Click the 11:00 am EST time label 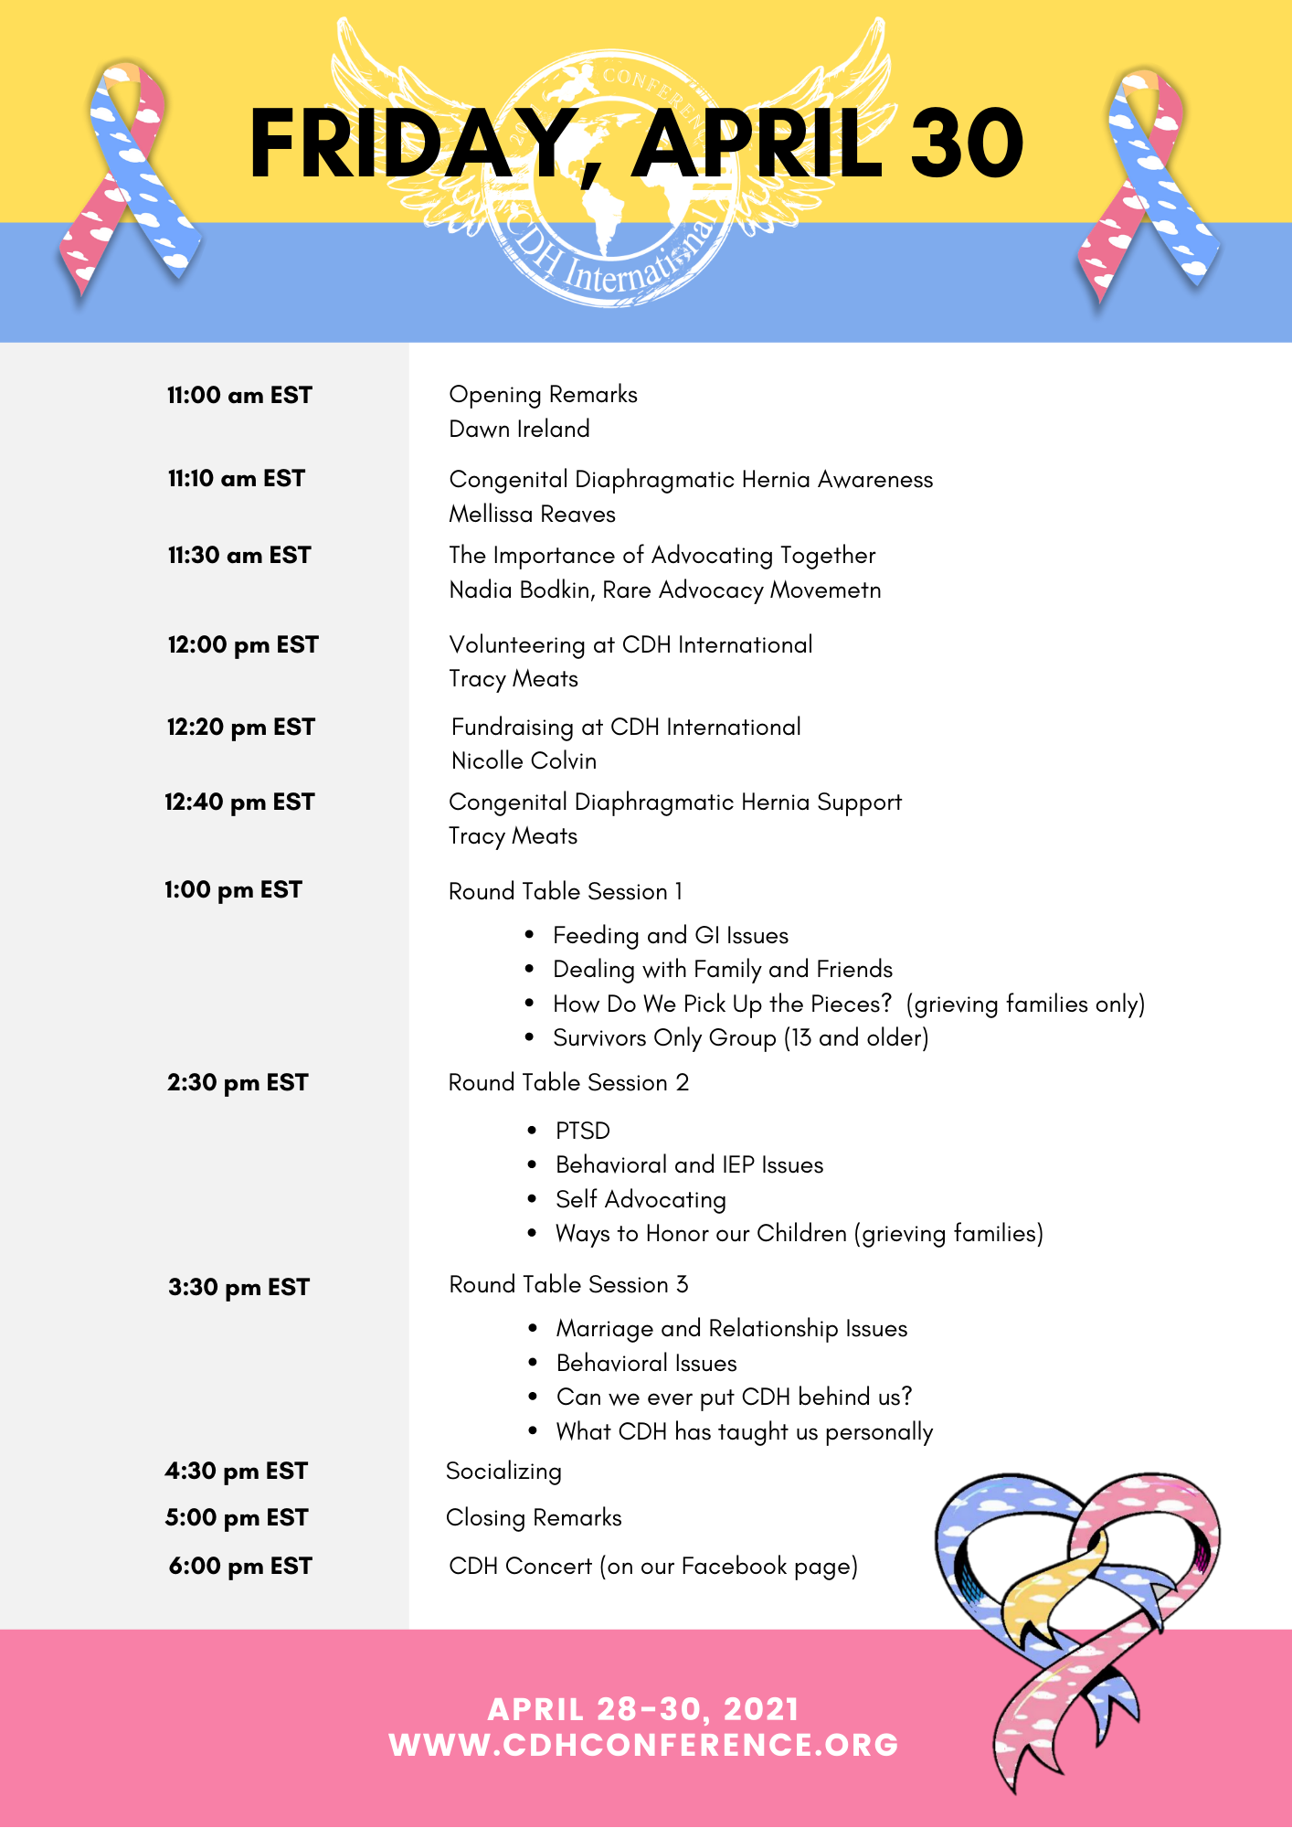[x=239, y=395]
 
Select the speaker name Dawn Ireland [x=519, y=429]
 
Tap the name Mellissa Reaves [x=532, y=514]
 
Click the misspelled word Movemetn [x=825, y=590]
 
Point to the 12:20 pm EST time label [x=240, y=727]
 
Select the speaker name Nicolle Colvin [x=524, y=760]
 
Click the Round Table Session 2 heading [x=568, y=1082]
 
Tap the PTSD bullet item [x=582, y=1131]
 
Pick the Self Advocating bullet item [x=641, y=1199]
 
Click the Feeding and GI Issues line [x=670, y=935]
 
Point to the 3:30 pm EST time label [x=238, y=1287]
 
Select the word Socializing [x=503, y=1471]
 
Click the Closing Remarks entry [x=534, y=1517]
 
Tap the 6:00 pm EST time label [x=239, y=1566]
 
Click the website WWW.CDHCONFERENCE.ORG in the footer [x=644, y=1745]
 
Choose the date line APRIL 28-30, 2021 [x=644, y=1709]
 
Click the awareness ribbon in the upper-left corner [x=128, y=178]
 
